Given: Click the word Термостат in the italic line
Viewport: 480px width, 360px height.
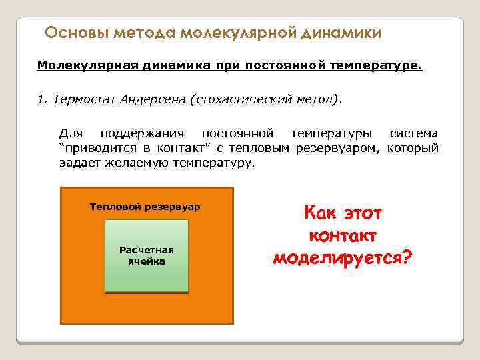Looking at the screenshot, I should (83, 100).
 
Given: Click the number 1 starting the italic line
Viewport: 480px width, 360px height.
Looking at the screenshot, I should (41, 100).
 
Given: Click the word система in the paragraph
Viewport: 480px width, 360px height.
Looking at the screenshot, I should (413, 134).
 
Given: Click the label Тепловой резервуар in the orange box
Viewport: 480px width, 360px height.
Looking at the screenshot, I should (145, 207).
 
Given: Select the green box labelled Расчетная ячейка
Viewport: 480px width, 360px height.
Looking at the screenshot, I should (147, 256).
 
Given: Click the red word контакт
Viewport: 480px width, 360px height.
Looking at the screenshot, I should (343, 235).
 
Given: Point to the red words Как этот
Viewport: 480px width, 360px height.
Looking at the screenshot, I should (343, 213).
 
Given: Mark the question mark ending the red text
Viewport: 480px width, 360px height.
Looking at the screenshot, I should (407, 257).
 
